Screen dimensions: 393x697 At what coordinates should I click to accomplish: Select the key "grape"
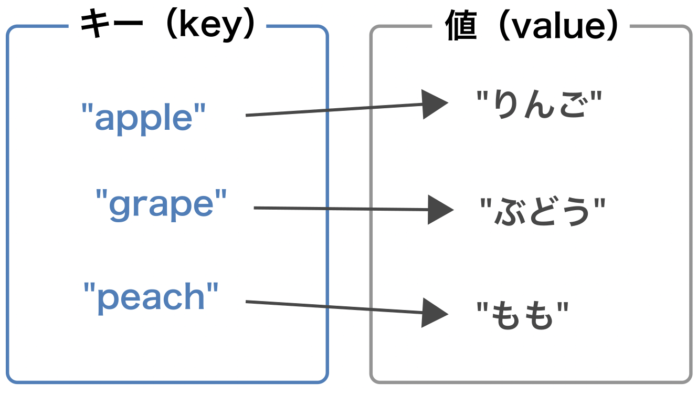pyautogui.click(x=161, y=204)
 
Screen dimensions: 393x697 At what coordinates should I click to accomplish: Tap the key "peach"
pyautogui.click(x=151, y=297)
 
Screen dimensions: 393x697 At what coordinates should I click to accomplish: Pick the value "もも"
pyautogui.click(x=522, y=315)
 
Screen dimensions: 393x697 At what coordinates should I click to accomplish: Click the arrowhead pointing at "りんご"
pyautogui.click(x=435, y=104)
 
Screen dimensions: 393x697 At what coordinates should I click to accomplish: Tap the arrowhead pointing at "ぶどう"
pyautogui.click(x=440, y=210)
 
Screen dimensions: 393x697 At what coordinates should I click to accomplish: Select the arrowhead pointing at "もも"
pyautogui.click(x=435, y=313)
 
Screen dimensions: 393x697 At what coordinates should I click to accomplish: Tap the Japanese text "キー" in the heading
pyautogui.click(x=111, y=26)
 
